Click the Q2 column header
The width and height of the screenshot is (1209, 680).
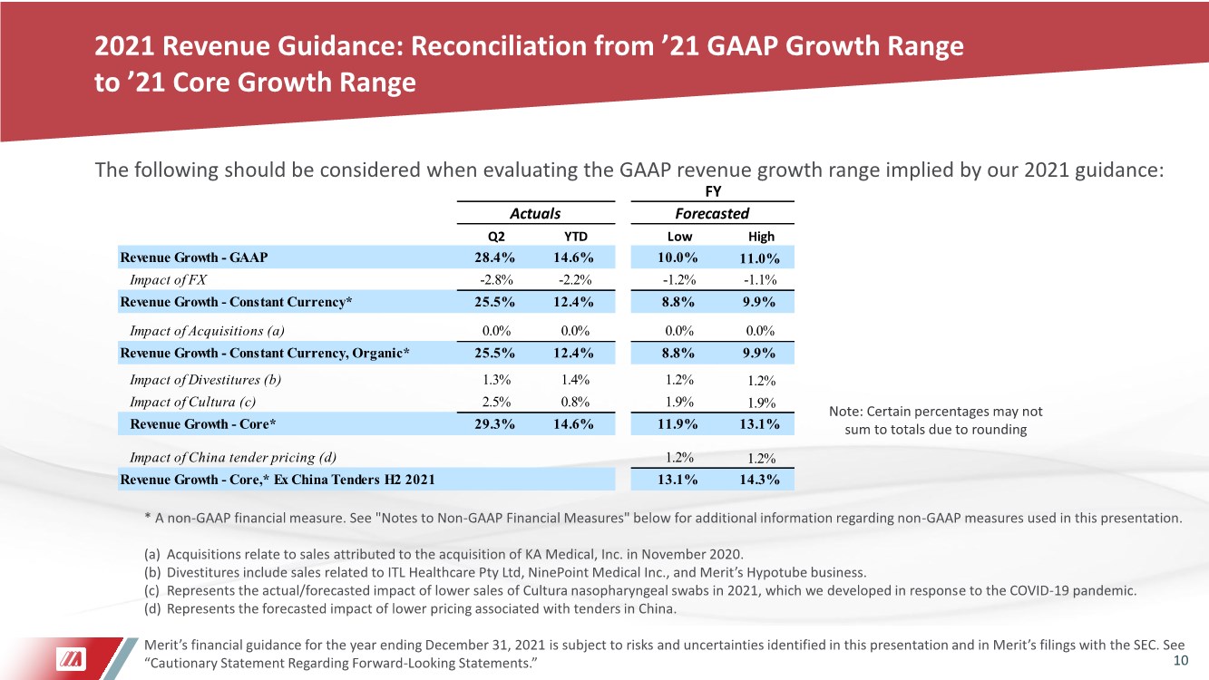[x=496, y=237]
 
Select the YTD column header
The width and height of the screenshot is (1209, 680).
[x=575, y=237]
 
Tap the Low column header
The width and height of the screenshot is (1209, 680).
[x=679, y=237]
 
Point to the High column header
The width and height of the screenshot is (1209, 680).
[x=761, y=237]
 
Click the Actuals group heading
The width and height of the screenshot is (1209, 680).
[x=535, y=214]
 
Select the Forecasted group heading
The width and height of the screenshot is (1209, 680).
[x=712, y=214]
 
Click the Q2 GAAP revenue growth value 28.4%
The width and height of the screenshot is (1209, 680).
[x=494, y=257]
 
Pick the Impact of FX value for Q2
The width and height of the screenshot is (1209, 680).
[x=496, y=279]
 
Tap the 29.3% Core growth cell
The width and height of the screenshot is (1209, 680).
[x=494, y=424]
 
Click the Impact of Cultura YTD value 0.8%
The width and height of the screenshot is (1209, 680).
[x=575, y=402]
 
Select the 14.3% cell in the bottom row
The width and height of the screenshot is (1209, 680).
[x=759, y=480]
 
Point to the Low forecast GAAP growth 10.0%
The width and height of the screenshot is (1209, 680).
[x=678, y=257]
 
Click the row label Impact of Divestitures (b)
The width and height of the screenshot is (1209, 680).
[x=206, y=380]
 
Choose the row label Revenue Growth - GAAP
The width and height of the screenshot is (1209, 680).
[x=194, y=257]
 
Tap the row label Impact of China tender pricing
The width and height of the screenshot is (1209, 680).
[x=233, y=458]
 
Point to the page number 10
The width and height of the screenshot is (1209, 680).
[x=1181, y=661]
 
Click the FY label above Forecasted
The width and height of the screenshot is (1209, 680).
[x=713, y=191]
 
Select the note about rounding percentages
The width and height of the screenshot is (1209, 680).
[x=935, y=421]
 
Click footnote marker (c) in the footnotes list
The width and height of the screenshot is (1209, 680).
[x=151, y=590]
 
